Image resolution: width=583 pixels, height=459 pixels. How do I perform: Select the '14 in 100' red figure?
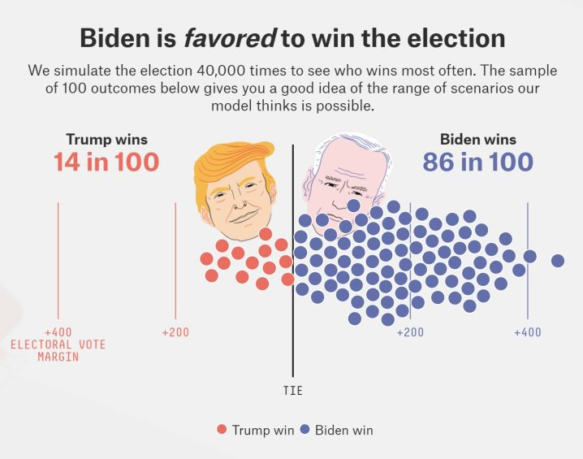(x=106, y=162)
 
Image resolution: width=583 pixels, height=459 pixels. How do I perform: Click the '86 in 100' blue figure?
(x=477, y=162)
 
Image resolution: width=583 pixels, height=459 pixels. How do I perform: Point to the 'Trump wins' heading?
(x=106, y=139)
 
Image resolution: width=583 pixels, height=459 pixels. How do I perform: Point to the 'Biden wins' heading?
(x=477, y=139)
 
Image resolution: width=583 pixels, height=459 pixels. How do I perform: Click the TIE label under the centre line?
(x=292, y=391)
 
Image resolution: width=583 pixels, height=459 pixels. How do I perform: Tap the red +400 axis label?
(x=58, y=332)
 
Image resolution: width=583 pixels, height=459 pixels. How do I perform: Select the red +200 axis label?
(x=175, y=332)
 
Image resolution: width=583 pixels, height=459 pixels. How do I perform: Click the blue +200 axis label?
(x=410, y=332)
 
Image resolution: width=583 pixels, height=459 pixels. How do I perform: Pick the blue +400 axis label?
(x=528, y=332)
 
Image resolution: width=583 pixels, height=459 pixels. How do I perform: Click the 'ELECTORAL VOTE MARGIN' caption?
(x=58, y=350)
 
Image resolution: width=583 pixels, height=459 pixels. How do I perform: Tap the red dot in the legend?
(x=222, y=430)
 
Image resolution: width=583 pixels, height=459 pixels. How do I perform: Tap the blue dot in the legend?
(x=304, y=430)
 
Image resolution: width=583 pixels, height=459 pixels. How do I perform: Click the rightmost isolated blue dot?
(x=558, y=261)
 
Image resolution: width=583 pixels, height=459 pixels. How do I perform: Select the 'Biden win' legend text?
(x=343, y=430)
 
